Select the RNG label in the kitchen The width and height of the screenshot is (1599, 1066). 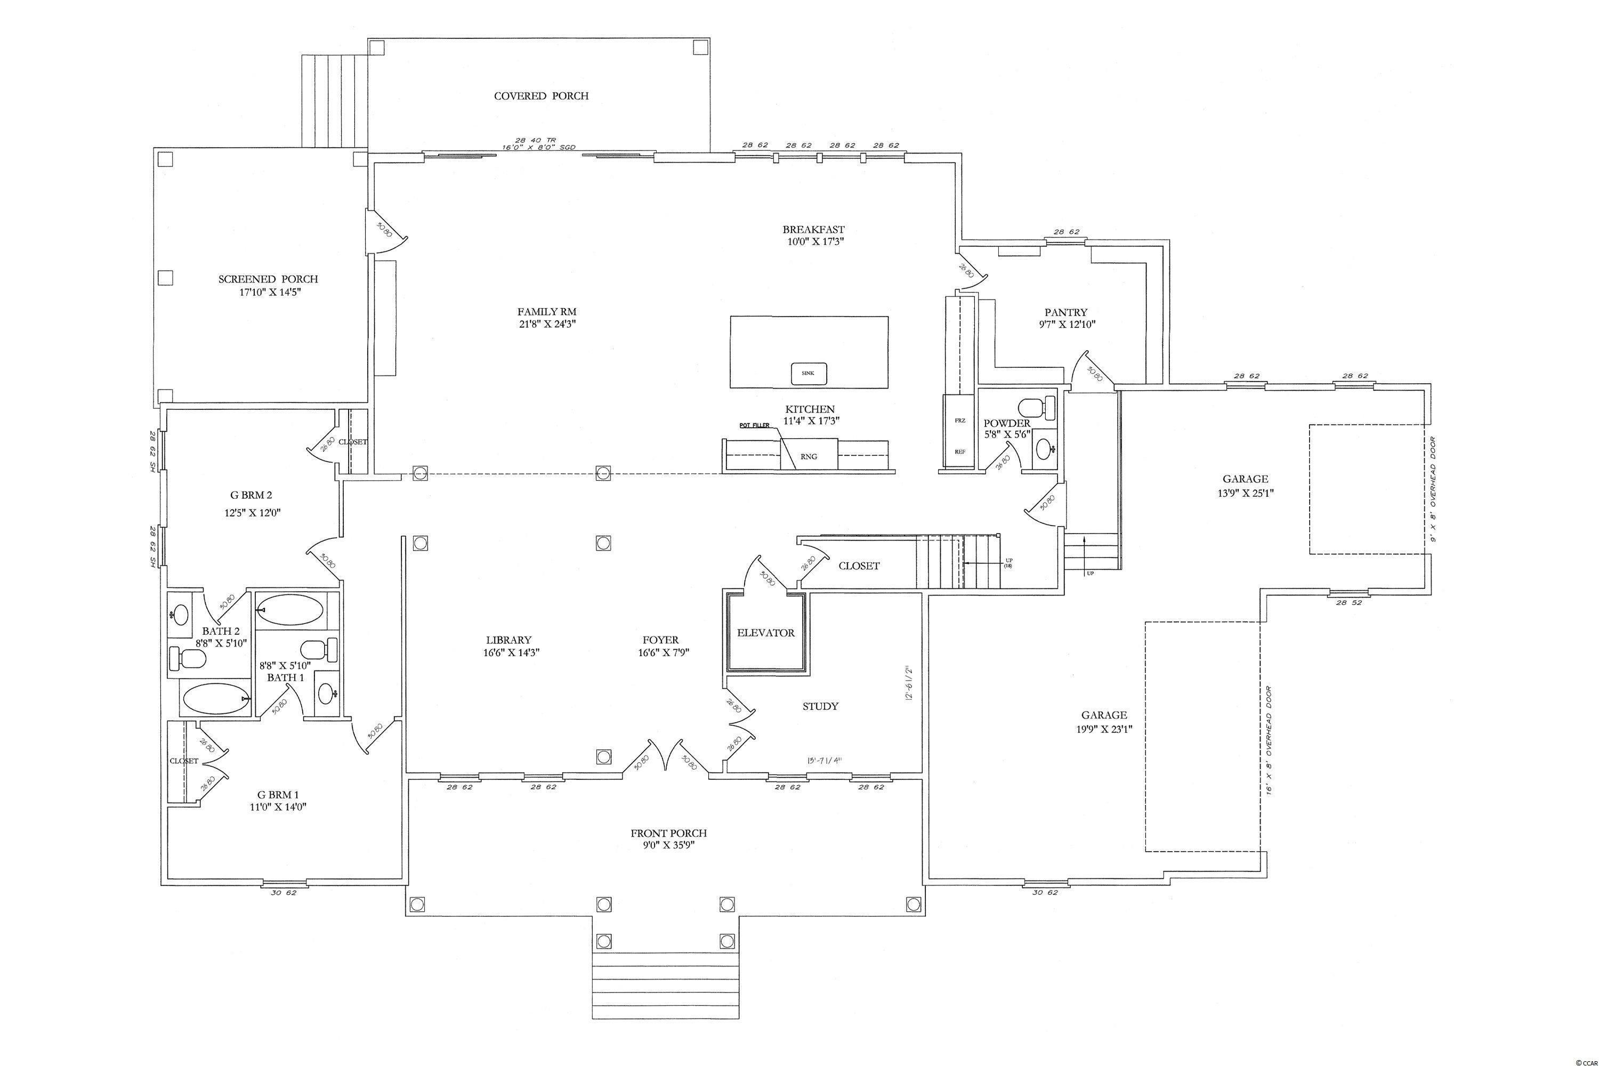coord(809,457)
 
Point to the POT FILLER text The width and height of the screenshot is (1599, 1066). coord(755,425)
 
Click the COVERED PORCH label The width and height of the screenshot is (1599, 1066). coord(541,96)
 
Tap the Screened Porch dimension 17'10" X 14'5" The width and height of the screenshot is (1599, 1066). coord(268,292)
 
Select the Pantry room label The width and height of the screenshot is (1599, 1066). coord(1066,313)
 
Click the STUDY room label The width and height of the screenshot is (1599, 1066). coord(820,706)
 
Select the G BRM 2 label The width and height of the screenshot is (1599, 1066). coord(253,496)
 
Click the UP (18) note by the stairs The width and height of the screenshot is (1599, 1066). coord(1007,562)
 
